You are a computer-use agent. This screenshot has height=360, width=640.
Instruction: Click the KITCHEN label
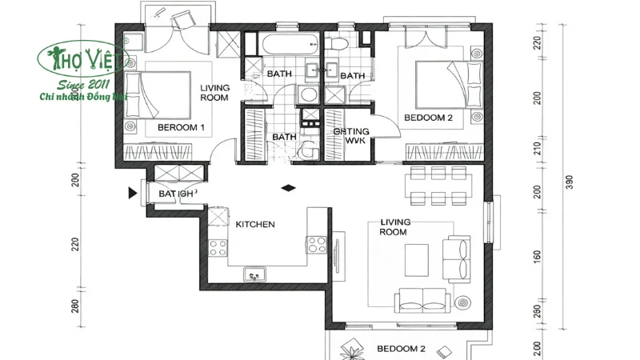coord(254,225)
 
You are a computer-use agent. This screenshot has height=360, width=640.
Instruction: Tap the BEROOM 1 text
coord(181,127)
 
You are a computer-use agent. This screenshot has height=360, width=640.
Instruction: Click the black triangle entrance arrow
coord(132,193)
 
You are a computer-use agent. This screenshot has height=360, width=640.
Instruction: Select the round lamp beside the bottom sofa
coord(464,303)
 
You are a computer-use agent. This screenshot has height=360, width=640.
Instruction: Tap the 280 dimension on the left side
coord(74,306)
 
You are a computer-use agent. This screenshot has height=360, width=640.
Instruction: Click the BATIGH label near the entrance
coord(175,194)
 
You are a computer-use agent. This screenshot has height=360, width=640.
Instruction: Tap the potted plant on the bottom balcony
coord(351,348)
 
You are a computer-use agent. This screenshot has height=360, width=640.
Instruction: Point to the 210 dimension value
coord(537,149)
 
